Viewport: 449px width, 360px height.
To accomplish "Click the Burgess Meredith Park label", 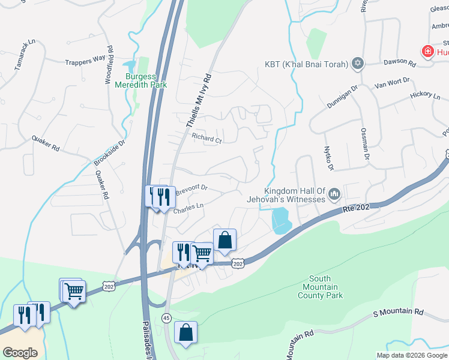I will pyautogui.click(x=140, y=80).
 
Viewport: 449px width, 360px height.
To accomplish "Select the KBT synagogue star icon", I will pyautogui.click(x=358, y=64).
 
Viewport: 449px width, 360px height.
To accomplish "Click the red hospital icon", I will pyautogui.click(x=427, y=52).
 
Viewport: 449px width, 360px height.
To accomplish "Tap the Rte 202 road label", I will pyautogui.click(x=355, y=209).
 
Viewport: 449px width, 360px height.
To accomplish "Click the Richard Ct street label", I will pyautogui.click(x=206, y=138).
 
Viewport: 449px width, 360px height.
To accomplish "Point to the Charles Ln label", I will pyautogui.click(x=188, y=208).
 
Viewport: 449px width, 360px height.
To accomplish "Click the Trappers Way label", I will pyautogui.click(x=86, y=60).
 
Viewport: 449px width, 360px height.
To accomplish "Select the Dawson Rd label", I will pyautogui.click(x=399, y=62).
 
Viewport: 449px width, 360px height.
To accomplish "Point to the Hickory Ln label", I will pyautogui.click(x=425, y=95).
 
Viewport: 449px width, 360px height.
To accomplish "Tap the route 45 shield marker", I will pyautogui.click(x=166, y=317).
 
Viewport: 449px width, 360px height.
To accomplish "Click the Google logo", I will pyautogui.click(x=20, y=353).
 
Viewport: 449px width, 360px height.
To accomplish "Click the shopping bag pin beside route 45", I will pyautogui.click(x=186, y=333).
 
